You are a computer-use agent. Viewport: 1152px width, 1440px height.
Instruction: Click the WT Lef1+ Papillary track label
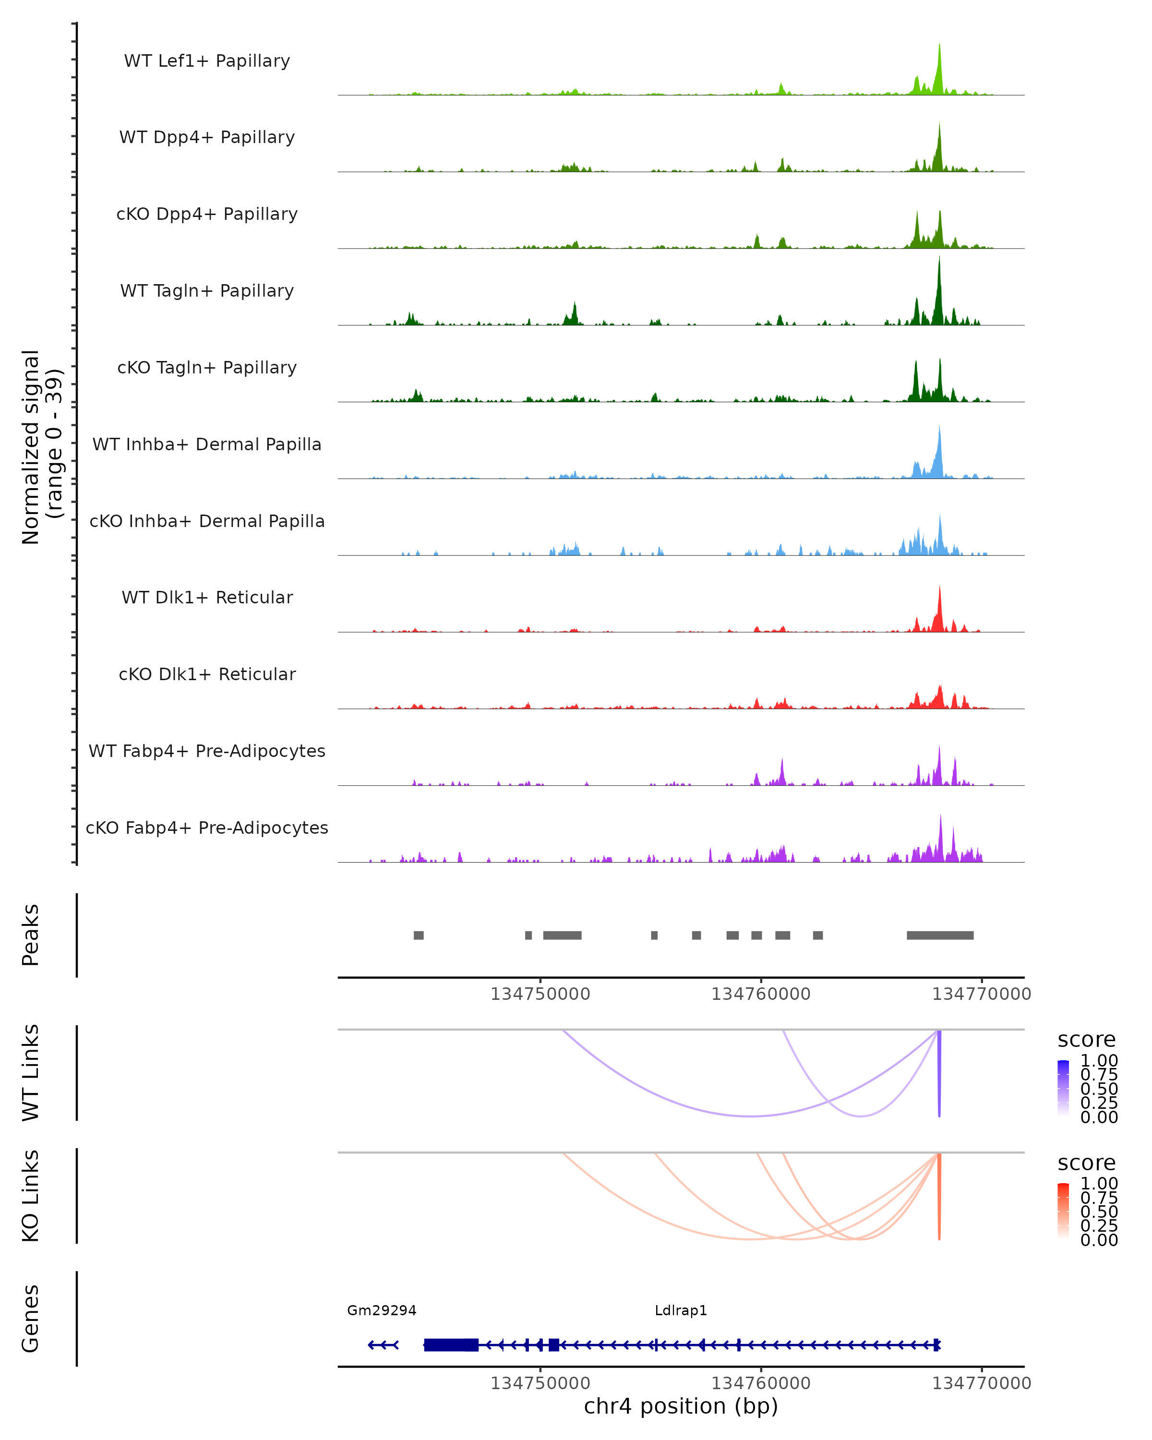(207, 61)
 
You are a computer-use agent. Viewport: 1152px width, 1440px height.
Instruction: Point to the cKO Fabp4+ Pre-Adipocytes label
(207, 828)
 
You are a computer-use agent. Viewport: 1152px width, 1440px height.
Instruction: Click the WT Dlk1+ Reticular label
(207, 597)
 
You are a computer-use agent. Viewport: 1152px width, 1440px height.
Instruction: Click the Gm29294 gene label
(381, 1310)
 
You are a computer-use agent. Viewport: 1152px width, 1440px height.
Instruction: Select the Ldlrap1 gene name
(681, 1310)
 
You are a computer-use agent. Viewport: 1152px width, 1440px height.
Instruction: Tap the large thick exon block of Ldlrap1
(451, 1344)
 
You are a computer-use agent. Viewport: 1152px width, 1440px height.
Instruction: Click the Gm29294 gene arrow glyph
(384, 1344)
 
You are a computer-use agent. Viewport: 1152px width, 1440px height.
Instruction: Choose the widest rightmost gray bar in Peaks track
(940, 935)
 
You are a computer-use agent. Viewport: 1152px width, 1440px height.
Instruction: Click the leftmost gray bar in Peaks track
(419, 935)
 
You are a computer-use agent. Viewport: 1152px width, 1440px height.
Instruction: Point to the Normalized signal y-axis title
(41, 447)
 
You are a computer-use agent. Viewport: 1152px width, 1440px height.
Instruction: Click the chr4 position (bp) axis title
(681, 1406)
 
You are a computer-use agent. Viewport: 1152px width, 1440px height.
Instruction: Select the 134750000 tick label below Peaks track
(540, 994)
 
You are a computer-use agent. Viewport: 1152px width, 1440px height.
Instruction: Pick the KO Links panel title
(31, 1196)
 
